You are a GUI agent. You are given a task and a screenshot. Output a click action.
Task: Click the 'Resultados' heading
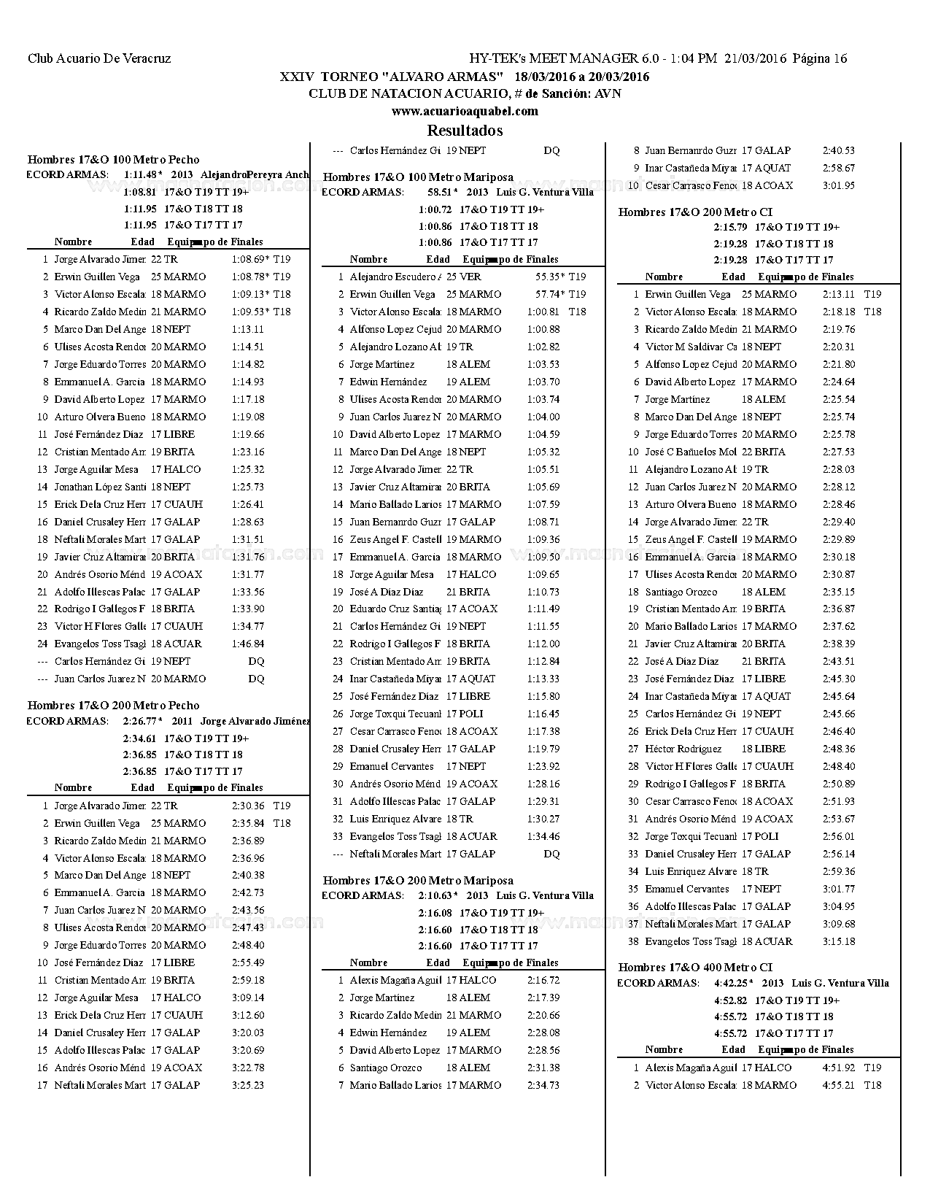(465, 131)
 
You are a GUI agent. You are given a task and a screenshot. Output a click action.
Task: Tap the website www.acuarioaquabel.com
(465, 111)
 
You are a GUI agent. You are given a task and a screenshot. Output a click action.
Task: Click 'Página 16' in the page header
(820, 59)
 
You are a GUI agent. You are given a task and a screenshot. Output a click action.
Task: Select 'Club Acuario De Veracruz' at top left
(99, 59)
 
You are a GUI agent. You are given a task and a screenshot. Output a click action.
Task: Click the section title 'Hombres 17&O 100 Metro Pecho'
(113, 160)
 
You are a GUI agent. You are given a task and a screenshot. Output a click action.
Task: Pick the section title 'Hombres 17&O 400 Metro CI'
(695, 967)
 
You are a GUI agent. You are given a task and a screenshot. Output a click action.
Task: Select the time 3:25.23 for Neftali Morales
(248, 1085)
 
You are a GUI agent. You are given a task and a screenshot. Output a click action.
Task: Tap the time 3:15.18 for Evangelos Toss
(838, 941)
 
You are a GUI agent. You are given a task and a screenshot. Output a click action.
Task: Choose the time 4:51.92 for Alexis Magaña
(838, 1068)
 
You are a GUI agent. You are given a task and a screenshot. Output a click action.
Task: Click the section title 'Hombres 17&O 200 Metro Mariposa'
(418, 881)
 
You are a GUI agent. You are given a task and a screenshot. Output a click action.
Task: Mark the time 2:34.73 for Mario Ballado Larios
(543, 1085)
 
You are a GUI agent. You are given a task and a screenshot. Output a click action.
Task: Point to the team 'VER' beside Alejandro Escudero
(470, 277)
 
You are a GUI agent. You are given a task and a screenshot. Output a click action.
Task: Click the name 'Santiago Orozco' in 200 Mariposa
(385, 1068)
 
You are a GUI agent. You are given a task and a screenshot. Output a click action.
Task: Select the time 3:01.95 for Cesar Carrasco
(838, 185)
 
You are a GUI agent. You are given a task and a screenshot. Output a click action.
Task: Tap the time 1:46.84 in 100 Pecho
(248, 644)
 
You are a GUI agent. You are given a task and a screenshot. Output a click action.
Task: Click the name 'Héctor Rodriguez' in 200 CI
(683, 749)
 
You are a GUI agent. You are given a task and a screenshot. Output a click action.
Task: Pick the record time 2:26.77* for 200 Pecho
(143, 722)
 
